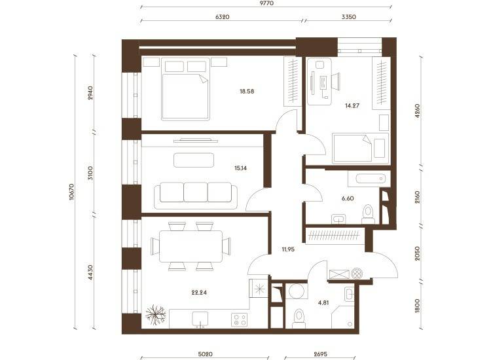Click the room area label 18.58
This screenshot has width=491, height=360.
(247, 92)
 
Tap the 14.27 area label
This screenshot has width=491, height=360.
(352, 105)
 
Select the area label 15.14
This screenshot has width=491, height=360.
(240, 168)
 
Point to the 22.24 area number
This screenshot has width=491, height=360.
(199, 293)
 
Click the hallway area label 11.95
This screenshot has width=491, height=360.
(288, 249)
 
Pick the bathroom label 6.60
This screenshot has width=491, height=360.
(348, 198)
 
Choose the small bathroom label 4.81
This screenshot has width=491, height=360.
(323, 302)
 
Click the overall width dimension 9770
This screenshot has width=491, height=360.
(267, 3)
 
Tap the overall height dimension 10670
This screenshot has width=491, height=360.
(72, 192)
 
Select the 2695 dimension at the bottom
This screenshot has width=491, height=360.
(320, 354)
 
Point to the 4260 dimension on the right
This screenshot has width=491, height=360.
(417, 111)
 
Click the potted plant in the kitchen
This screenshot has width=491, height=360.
(156, 315)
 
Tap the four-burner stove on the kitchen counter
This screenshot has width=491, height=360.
(239, 319)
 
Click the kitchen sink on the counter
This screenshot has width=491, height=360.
(200, 319)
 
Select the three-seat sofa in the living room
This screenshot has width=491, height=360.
(196, 196)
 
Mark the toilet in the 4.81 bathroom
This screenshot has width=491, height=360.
(299, 318)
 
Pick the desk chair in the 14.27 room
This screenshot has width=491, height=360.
(335, 81)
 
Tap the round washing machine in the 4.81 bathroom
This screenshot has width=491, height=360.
(297, 291)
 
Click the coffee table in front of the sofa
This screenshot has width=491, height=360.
(194, 160)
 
